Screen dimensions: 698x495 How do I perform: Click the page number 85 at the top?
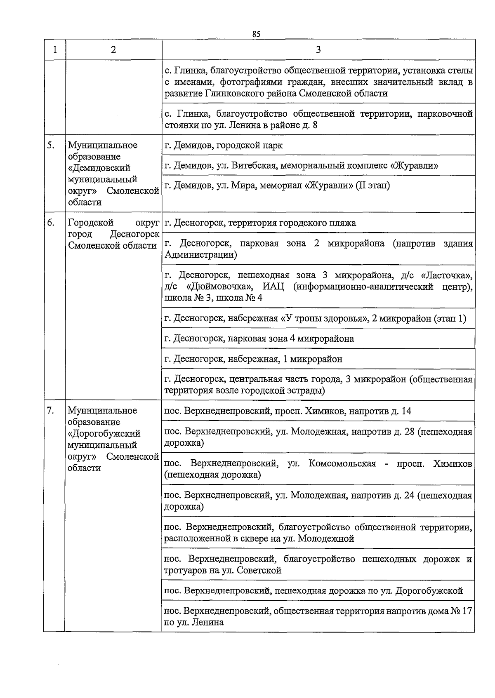click(x=256, y=34)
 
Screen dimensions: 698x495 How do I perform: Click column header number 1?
click(x=55, y=50)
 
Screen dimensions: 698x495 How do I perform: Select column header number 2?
click(x=113, y=50)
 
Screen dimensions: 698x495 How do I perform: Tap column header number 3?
click(x=318, y=50)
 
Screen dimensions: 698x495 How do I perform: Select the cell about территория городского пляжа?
click(x=260, y=223)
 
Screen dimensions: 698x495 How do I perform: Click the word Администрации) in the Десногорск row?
click(x=200, y=255)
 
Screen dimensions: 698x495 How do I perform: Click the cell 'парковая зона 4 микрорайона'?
click(x=259, y=339)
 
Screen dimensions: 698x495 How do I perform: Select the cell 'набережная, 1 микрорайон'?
click(x=253, y=359)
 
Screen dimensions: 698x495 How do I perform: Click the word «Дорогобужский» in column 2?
click(x=104, y=434)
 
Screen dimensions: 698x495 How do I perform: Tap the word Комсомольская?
click(x=342, y=464)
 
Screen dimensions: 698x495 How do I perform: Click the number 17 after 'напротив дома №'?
click(x=467, y=611)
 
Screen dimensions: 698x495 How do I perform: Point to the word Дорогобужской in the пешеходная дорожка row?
click(x=429, y=591)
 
